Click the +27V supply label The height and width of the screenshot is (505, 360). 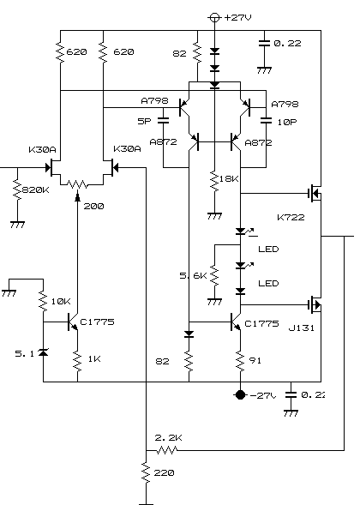click(237, 17)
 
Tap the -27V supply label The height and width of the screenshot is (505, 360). click(263, 395)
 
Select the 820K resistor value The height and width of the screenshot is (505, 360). click(36, 190)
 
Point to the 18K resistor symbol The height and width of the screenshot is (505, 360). click(214, 181)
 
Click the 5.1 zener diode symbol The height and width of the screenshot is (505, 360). click(43, 352)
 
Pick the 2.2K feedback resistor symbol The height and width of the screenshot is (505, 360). click(167, 450)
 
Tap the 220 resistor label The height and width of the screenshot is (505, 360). click(165, 472)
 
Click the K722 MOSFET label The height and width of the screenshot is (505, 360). click(291, 218)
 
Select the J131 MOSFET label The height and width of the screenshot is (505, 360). click(302, 328)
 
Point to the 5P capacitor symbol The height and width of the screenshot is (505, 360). click(164, 121)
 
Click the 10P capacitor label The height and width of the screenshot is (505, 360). click(287, 122)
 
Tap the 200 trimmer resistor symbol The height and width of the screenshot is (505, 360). click(77, 184)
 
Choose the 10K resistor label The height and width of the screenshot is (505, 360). click(61, 302)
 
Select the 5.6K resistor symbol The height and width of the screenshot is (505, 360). click(214, 276)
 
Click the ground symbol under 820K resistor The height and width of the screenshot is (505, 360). click(17, 225)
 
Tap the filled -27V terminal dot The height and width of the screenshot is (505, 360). click(240, 395)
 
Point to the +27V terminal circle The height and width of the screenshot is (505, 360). click(214, 17)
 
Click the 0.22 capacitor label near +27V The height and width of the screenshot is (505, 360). click(287, 43)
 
